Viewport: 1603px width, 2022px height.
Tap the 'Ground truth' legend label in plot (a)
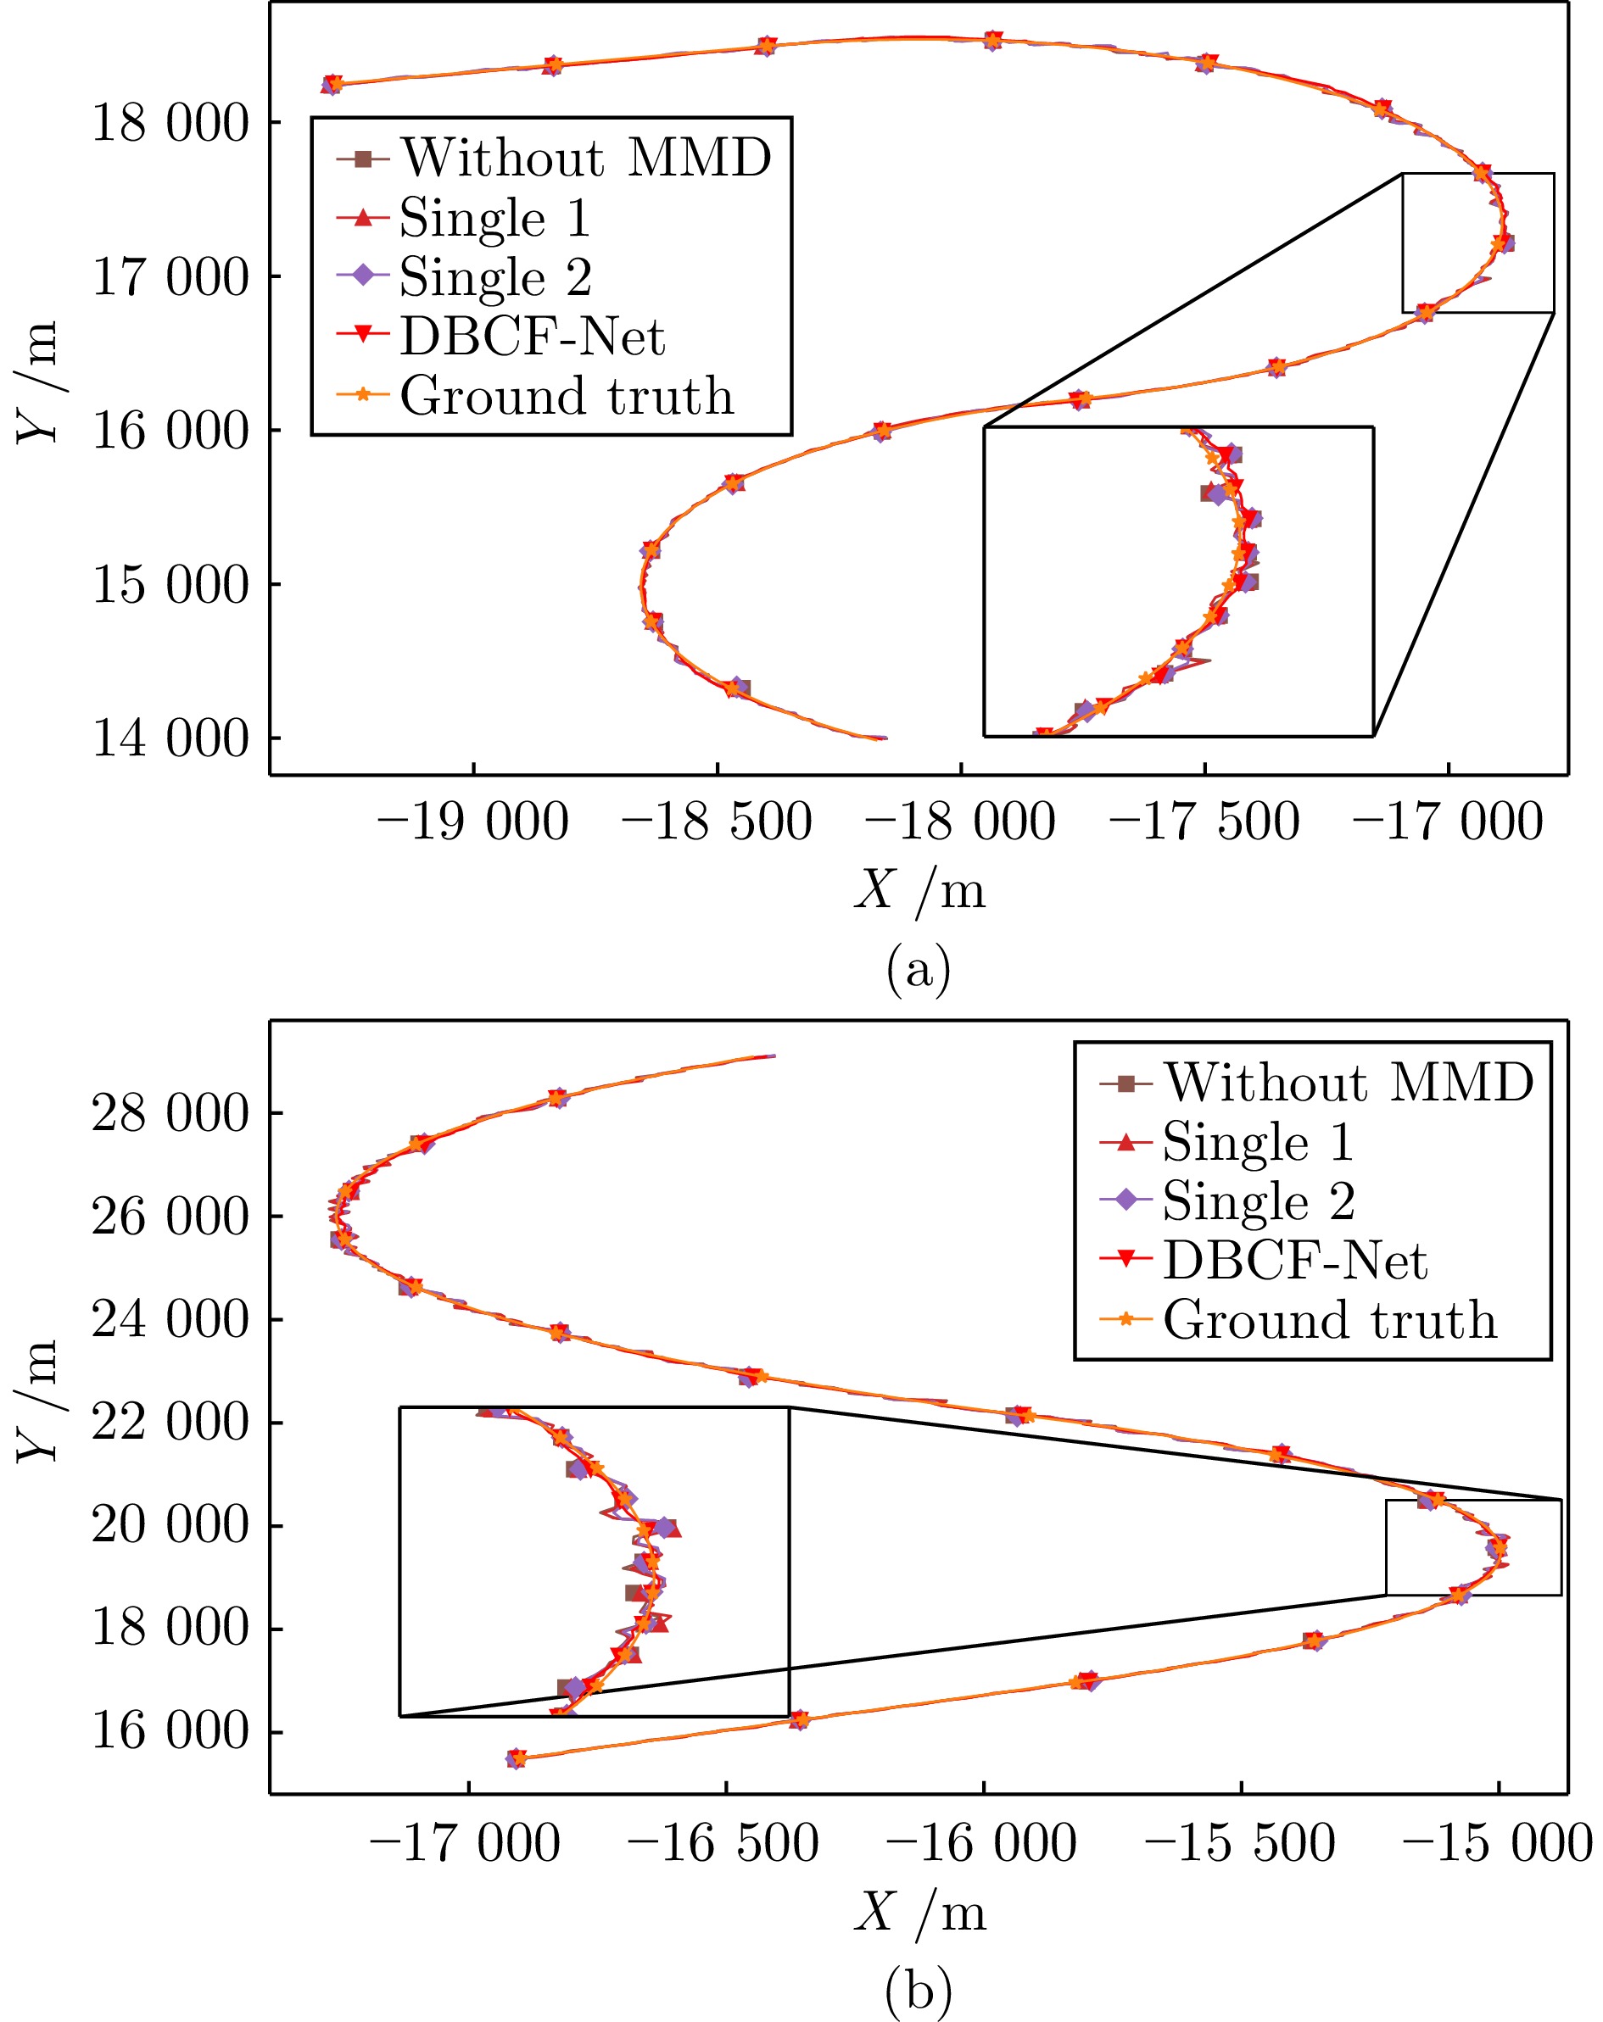click(x=567, y=396)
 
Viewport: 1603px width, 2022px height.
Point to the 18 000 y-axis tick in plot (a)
click(x=170, y=123)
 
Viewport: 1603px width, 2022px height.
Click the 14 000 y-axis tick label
click(x=170, y=738)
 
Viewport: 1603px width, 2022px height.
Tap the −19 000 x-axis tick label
click(x=472, y=822)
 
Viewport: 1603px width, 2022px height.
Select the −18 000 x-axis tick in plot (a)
click(x=960, y=822)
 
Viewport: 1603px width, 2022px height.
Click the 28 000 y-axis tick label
click(x=170, y=1113)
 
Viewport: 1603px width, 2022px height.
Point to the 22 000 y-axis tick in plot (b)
click(x=170, y=1423)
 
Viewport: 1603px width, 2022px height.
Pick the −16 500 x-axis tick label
click(x=724, y=1843)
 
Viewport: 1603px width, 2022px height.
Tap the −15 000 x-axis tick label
click(x=1498, y=1843)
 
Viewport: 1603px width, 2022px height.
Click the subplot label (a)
click(x=919, y=970)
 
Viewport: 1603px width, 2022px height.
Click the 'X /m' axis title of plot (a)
click(x=920, y=889)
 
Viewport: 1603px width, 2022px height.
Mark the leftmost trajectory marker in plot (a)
click(x=332, y=85)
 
